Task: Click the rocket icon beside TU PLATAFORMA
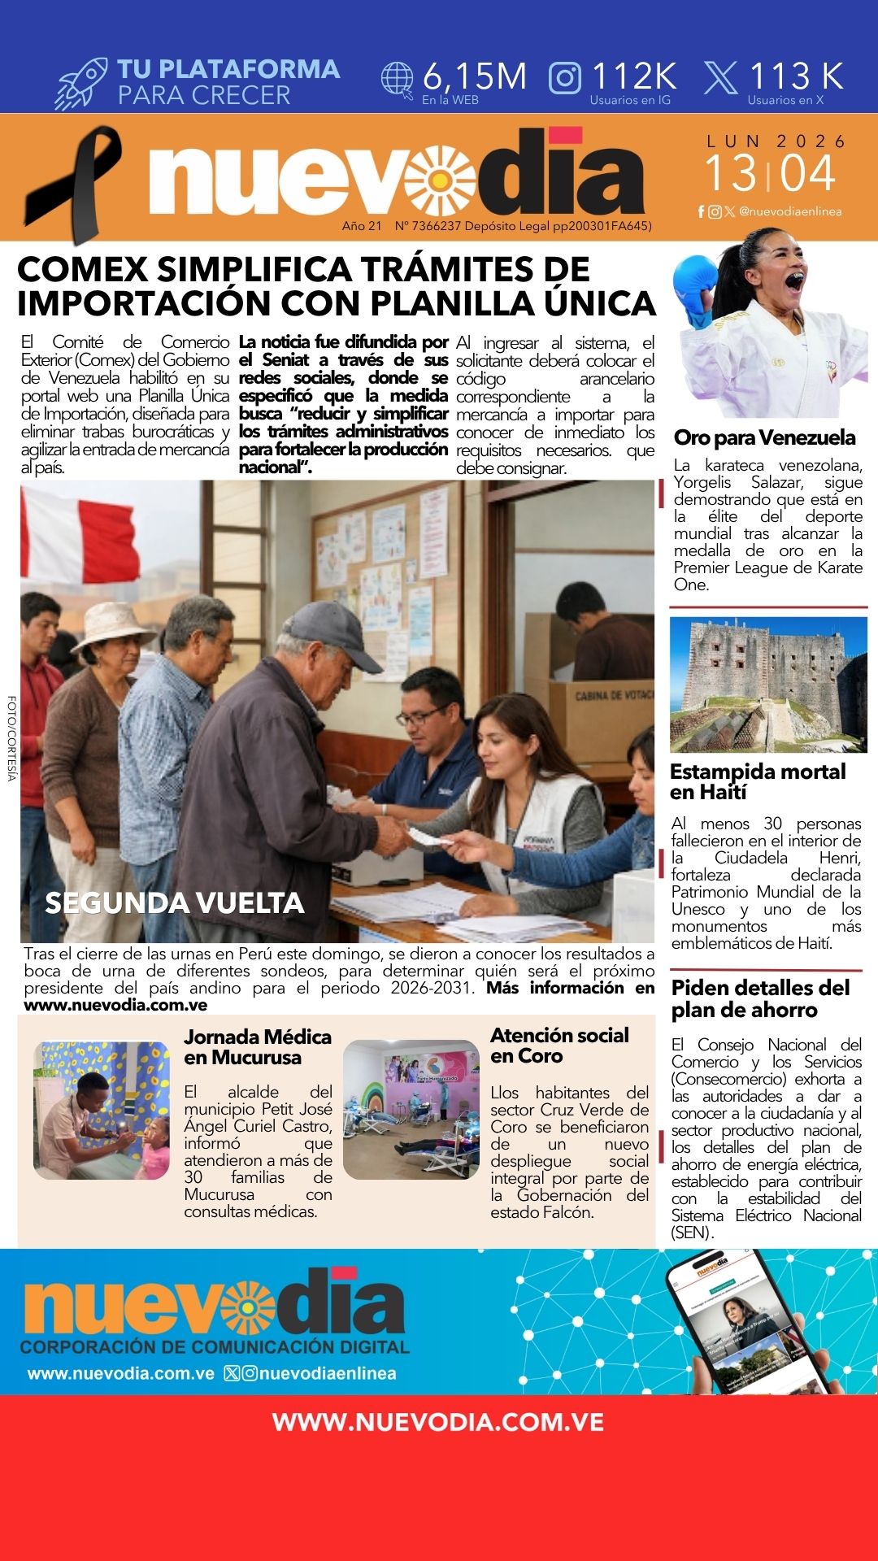81,83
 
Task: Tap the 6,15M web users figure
475,77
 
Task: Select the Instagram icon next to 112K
565,78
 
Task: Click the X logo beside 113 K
720,78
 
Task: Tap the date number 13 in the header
729,174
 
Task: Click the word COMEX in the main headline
82,269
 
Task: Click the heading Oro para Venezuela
764,437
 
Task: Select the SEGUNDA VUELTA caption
175,902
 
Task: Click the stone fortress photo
768,684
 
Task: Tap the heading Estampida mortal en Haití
758,780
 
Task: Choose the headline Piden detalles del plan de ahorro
760,998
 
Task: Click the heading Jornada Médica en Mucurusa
258,1046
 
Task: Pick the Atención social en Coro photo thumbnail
411,1109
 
